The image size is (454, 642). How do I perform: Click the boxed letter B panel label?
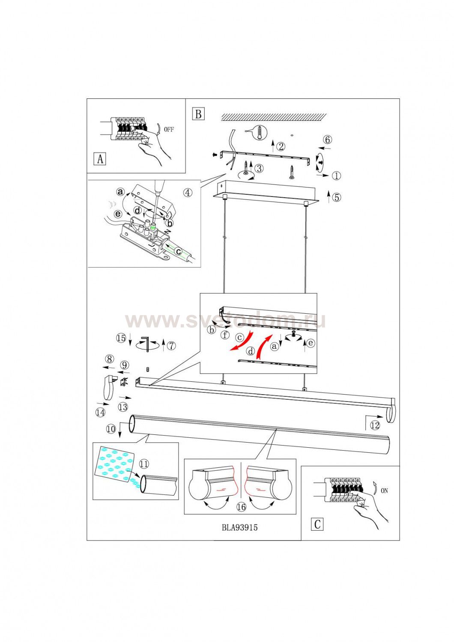198,114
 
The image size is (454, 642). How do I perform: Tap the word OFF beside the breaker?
169,130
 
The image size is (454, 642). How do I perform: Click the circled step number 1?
337,175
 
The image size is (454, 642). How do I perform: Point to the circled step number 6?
328,140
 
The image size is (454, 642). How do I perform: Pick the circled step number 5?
337,197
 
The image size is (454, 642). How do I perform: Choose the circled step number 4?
188,193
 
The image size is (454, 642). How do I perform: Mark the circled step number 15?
121,338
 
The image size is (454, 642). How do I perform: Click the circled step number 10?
111,429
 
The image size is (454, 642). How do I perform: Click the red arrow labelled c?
242,341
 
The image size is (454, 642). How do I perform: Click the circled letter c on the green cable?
178,251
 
